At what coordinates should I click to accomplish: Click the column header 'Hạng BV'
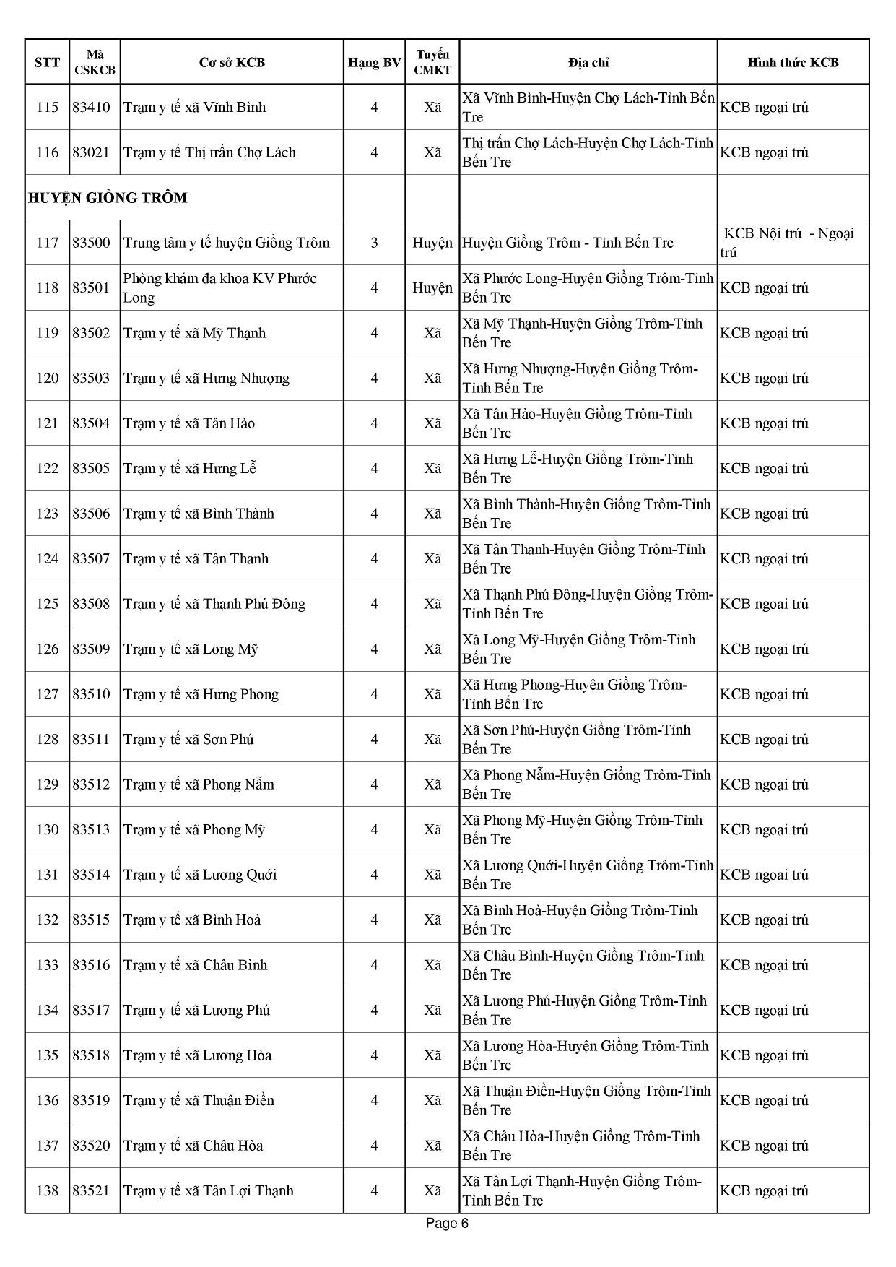point(374,62)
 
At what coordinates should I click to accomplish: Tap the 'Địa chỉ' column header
point(588,62)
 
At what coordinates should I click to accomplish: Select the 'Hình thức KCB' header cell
point(793,62)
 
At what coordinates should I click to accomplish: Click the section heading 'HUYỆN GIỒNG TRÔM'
point(108,198)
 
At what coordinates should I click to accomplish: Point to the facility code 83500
point(91,243)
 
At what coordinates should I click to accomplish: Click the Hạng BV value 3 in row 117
point(374,243)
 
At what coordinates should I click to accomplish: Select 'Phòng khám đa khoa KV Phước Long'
point(219,287)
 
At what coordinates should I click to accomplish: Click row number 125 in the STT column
point(47,604)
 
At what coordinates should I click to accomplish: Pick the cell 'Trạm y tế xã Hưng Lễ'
point(190,468)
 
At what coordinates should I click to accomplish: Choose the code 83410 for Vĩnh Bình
point(91,108)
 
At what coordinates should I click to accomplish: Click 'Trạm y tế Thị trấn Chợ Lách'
point(209,152)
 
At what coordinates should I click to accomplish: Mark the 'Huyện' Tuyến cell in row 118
point(432,287)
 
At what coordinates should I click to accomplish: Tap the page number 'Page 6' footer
point(447,1223)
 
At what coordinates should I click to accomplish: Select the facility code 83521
point(91,1190)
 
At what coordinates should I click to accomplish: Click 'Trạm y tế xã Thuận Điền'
point(199,1100)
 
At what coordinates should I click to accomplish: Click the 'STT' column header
point(47,62)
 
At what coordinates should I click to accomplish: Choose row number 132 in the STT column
point(47,920)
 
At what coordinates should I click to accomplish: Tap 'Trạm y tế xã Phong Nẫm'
point(199,784)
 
